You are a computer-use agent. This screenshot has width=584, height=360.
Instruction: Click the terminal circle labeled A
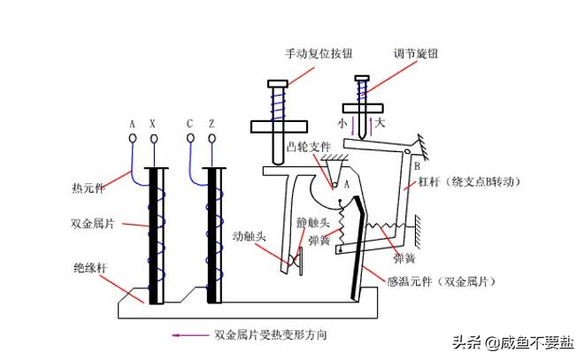133,139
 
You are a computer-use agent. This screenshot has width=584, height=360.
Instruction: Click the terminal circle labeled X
154,139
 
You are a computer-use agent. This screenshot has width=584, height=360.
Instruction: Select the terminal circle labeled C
191,139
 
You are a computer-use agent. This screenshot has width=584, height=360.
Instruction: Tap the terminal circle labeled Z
212,139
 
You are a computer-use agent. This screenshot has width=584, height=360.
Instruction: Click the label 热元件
88,188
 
